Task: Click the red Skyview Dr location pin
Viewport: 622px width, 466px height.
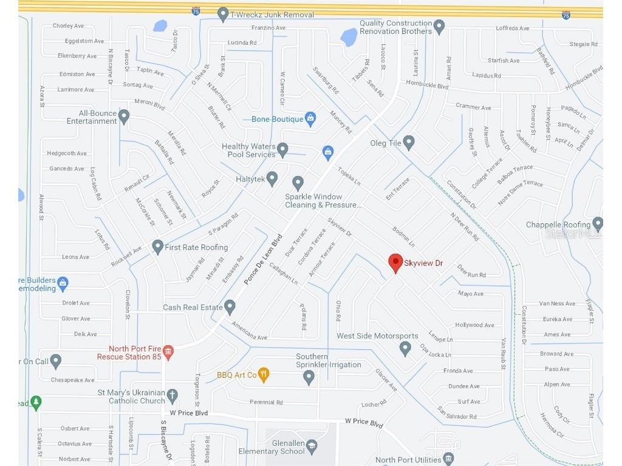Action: pos(395,263)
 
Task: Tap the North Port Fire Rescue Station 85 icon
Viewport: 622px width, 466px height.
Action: pos(168,351)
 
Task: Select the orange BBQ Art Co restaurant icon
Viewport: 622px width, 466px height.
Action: pos(263,374)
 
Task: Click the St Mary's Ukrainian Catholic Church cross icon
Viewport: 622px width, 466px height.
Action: pos(173,395)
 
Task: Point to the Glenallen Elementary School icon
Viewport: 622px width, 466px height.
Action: pos(312,447)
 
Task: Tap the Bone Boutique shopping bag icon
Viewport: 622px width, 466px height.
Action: pos(310,119)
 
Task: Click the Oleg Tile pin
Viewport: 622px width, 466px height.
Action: pos(409,143)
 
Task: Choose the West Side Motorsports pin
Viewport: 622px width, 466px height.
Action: pos(405,348)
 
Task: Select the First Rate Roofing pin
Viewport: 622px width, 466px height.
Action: pos(158,246)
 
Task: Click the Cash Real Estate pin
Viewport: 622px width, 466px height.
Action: pos(230,306)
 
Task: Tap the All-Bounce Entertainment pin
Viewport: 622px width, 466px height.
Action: pos(124,116)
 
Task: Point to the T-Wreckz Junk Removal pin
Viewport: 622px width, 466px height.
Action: pos(223,14)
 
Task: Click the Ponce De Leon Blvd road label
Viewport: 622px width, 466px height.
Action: pos(264,261)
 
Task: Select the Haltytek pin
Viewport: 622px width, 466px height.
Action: pos(272,178)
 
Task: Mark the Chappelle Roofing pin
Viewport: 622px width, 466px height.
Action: pos(598,224)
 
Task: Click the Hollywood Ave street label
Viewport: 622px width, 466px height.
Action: pos(474,325)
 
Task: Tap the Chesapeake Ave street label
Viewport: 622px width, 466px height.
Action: pos(72,380)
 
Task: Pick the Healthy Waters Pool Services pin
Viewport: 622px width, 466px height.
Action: pos(282,149)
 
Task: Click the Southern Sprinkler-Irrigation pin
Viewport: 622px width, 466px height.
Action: pos(309,377)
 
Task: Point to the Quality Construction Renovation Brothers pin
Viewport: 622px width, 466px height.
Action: pos(439,27)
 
